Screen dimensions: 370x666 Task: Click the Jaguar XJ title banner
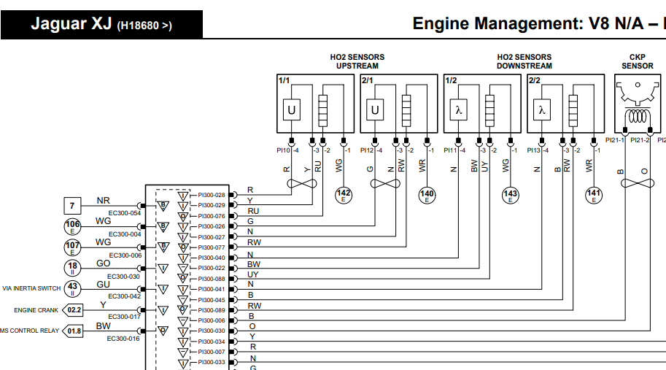101,23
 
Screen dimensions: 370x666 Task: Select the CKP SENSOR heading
637,61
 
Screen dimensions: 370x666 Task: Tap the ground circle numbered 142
344,194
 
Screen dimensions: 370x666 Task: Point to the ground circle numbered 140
427,194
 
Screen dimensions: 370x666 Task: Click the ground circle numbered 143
511,194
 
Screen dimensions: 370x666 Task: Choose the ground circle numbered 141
594,194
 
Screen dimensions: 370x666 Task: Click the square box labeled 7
72,206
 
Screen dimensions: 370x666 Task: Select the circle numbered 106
72,226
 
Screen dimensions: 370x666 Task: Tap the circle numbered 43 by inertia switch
72,288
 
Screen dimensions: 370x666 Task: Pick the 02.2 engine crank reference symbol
74,310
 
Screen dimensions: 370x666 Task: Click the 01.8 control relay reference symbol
74,331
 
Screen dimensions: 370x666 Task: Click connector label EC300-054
123,213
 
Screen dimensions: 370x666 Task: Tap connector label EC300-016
123,339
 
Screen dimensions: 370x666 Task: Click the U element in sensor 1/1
292,110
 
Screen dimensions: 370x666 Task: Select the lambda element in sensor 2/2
541,110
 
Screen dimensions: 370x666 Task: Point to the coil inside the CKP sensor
637,116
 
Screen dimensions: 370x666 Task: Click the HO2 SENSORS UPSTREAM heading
357,61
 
